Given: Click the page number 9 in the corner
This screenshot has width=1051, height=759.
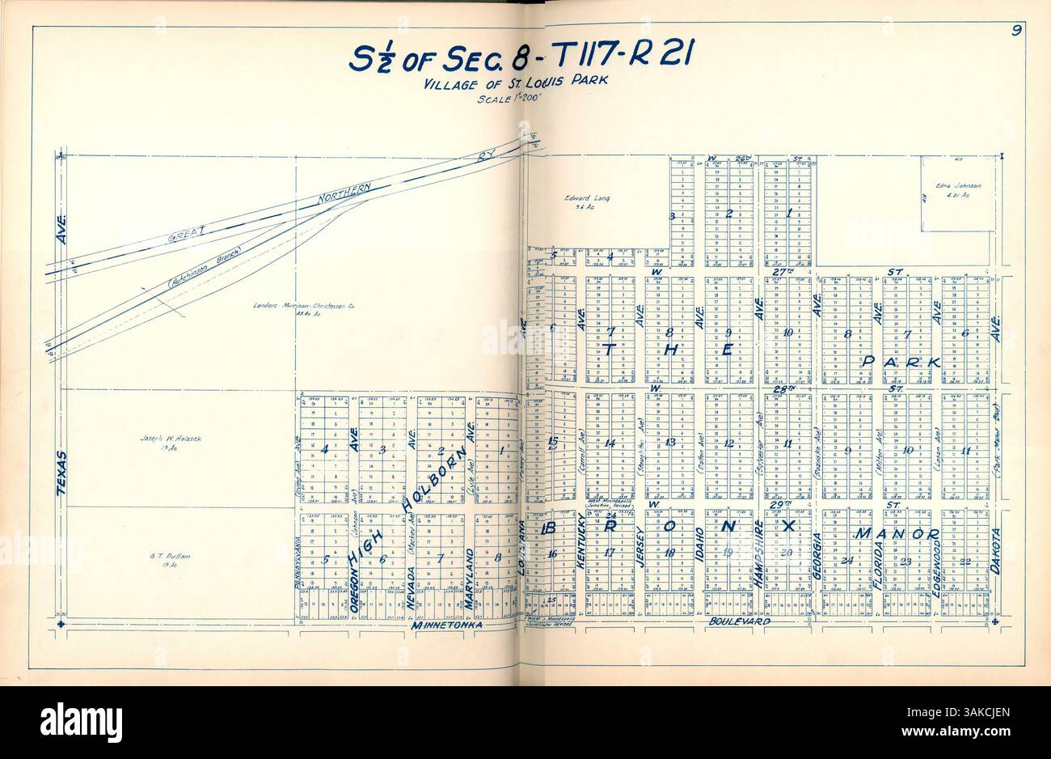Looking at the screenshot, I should pyautogui.click(x=1014, y=32).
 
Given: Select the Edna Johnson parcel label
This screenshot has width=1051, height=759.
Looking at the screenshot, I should pyautogui.click(x=958, y=186).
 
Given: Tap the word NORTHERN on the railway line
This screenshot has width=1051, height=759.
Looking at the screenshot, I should pyautogui.click(x=344, y=193).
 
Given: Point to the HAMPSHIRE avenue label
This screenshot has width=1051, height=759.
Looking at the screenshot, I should pyautogui.click(x=758, y=555).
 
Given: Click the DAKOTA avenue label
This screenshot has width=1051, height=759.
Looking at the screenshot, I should pyautogui.click(x=994, y=550).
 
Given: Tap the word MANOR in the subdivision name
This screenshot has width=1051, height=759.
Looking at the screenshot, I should pyautogui.click(x=897, y=534).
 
